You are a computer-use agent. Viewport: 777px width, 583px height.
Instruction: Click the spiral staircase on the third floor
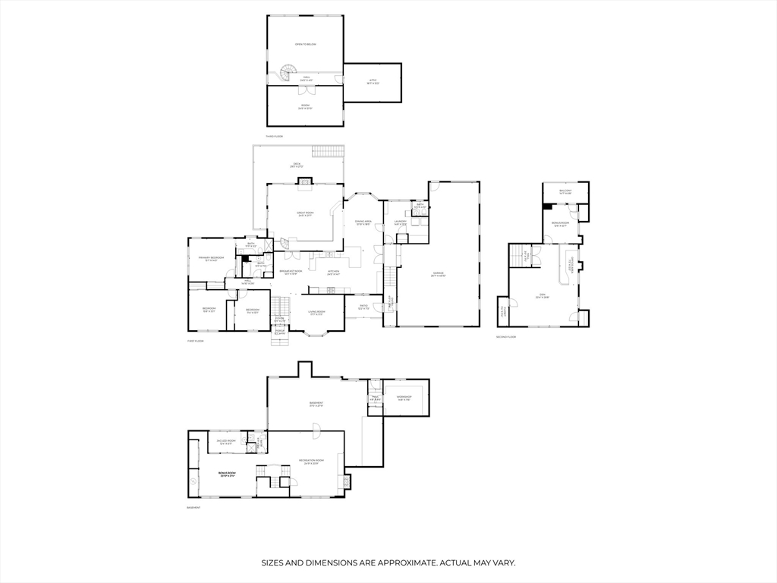[288, 73]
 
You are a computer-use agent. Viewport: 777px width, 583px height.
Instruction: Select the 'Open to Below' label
[305, 44]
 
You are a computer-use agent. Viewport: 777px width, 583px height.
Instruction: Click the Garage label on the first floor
[439, 273]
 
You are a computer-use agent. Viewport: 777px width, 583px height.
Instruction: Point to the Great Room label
[305, 213]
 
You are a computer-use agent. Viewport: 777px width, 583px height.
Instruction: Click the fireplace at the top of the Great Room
[304, 181]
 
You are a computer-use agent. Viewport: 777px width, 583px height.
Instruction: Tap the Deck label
[297, 165]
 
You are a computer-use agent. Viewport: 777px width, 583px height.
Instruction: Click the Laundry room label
[401, 222]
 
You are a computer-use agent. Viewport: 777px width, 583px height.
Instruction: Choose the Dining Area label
[362, 222]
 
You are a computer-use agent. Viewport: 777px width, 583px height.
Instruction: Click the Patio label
[363, 307]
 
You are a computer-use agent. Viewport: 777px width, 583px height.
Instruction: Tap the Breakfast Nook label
[291, 271]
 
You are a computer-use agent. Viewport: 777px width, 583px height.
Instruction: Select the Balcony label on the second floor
[565, 191]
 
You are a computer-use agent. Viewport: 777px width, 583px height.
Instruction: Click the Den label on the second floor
[541, 296]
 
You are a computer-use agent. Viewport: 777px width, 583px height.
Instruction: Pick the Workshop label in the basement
[404, 397]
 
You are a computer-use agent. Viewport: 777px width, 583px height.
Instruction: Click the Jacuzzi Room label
[226, 441]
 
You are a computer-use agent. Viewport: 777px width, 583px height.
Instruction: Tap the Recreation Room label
[311, 461]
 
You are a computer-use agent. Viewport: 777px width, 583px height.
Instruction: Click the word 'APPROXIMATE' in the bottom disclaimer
[399, 563]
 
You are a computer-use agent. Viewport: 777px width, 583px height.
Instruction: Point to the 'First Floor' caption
[196, 341]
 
